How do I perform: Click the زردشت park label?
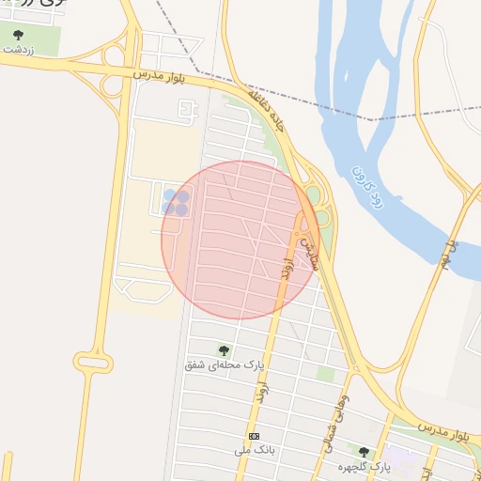tap(19, 49)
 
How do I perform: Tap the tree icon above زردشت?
tap(19, 35)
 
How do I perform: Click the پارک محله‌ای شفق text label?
tap(225, 364)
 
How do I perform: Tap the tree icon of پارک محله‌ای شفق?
tap(224, 349)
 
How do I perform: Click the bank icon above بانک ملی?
tap(254, 437)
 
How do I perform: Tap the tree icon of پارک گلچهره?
tap(364, 452)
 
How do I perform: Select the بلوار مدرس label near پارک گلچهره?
tap(442, 433)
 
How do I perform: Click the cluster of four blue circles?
tap(176, 203)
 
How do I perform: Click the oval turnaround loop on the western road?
tap(93, 363)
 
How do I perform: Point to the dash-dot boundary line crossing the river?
tap(371, 119)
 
